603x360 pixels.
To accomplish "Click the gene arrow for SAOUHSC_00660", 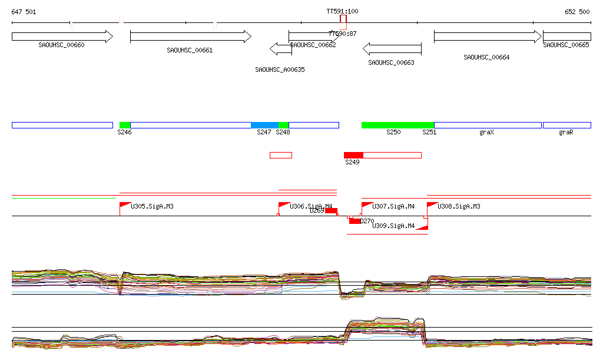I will (x=62, y=37).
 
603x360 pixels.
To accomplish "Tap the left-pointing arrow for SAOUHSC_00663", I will (x=392, y=48).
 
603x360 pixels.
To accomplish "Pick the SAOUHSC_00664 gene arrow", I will (x=488, y=37).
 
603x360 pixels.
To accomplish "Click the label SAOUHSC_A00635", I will (x=280, y=70).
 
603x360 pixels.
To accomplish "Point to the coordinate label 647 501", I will (x=24, y=12).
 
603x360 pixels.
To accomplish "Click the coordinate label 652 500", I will (x=577, y=12).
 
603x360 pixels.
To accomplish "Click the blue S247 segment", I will (x=264, y=125).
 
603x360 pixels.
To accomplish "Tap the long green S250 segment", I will (x=397, y=125).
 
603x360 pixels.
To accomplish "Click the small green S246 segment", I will (x=125, y=125).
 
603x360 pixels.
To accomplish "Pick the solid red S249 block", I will (x=353, y=155).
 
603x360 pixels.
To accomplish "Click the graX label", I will (x=486, y=133).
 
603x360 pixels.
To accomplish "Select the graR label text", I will (x=566, y=133).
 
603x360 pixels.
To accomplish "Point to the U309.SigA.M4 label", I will (x=394, y=226).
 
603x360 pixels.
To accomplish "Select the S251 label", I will (x=429, y=133).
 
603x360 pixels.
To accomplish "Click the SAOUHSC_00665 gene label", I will (x=566, y=45).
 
